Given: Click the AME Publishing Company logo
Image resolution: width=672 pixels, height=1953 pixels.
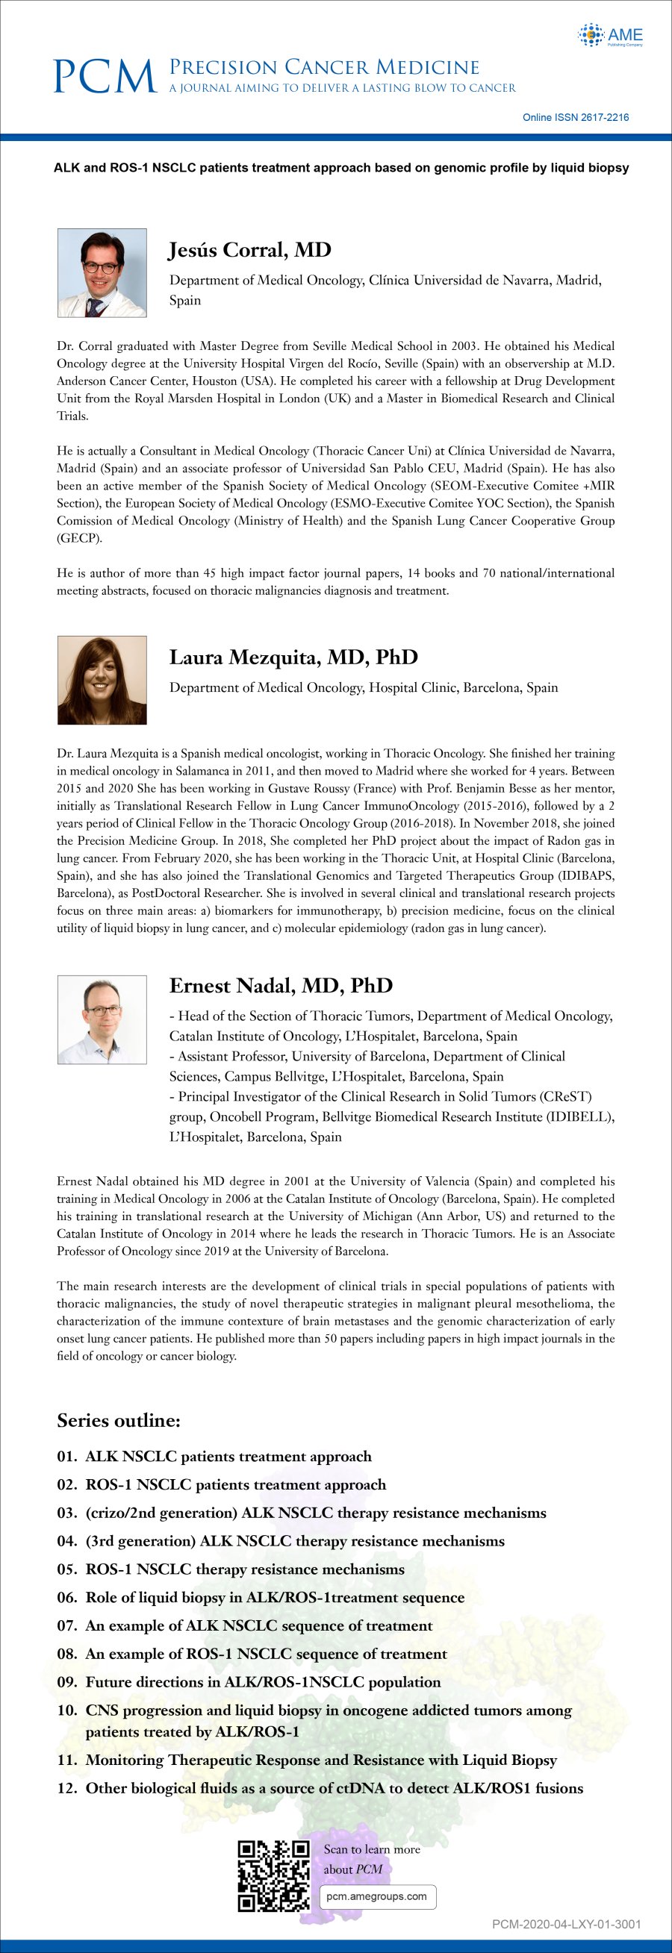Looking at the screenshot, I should tap(611, 35).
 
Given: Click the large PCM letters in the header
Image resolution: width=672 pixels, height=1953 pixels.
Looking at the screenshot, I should tap(105, 77).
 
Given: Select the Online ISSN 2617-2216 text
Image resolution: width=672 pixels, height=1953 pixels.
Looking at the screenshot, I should tap(575, 117).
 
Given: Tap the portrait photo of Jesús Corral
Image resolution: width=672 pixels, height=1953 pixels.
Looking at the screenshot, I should tap(102, 273).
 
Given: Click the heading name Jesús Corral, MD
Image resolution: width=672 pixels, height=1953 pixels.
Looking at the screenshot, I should tap(249, 250).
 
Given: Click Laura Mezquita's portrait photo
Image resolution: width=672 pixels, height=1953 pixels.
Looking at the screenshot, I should tap(102, 680).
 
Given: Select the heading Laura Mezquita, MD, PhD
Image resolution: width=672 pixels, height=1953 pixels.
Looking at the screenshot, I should tap(293, 657).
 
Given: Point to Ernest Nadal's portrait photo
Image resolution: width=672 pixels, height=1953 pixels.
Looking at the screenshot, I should tap(102, 1019).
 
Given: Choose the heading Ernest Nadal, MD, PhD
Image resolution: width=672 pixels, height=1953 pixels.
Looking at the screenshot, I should tap(281, 986).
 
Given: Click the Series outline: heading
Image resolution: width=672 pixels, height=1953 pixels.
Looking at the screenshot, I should tap(118, 1420).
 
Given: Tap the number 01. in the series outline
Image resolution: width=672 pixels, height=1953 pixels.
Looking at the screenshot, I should tap(67, 1457).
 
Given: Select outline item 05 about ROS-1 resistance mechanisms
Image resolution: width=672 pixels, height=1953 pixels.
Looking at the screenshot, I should tap(244, 1569).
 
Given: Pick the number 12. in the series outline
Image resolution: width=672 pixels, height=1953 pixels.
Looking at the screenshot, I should tap(67, 1788).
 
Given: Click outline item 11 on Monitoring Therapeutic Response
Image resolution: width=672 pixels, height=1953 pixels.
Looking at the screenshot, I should tap(321, 1760).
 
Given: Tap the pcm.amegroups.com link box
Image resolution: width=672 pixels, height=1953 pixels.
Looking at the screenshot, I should tap(377, 1896).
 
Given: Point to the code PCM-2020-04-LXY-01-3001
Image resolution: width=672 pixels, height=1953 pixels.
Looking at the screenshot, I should tap(566, 1923).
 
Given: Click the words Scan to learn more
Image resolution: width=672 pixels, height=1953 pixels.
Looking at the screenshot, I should tap(372, 1849).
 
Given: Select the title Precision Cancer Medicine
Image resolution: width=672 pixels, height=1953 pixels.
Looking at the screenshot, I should tap(324, 67).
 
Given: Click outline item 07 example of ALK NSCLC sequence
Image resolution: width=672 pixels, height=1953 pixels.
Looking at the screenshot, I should tap(258, 1625).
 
